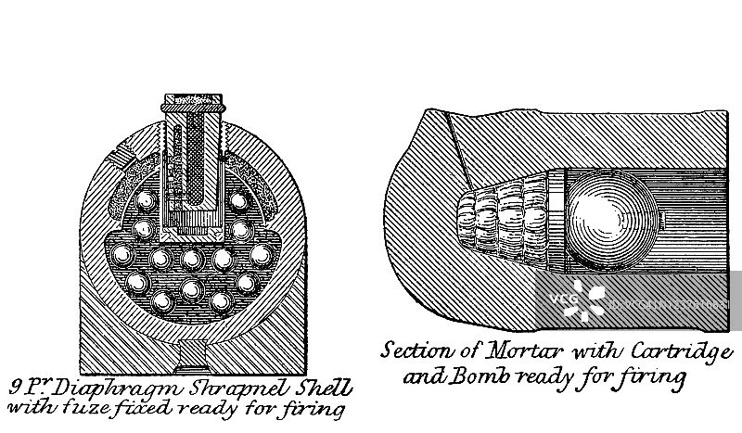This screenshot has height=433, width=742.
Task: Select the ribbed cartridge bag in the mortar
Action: tap(506, 217)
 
